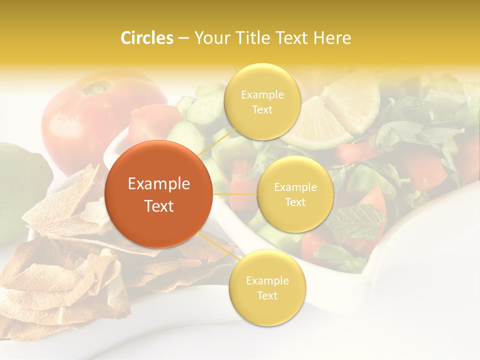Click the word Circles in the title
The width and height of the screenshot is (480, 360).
coord(146,38)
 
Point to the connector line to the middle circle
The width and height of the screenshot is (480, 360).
coord(234,194)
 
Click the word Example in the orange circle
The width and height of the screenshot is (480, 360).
coord(158,184)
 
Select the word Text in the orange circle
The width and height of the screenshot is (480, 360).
coord(158,206)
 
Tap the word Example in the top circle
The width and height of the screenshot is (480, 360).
coord(262,95)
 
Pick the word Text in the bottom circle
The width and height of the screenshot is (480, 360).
coord(267,295)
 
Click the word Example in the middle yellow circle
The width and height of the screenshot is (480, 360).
coord(295,187)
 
